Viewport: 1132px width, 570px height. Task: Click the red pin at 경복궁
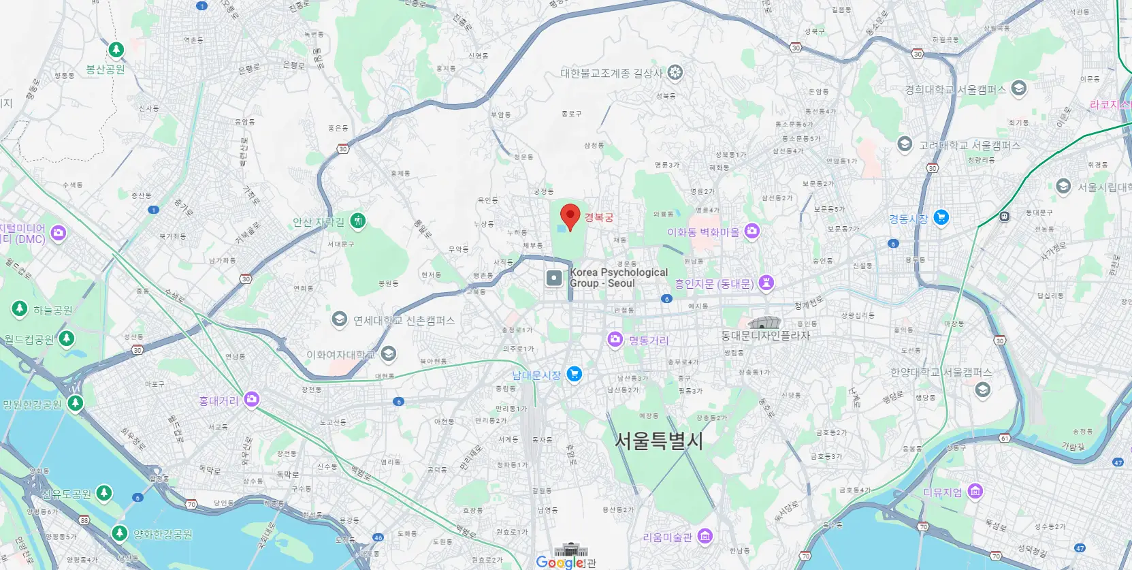pyautogui.click(x=570, y=217)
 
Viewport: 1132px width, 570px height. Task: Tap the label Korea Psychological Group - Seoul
pyautogui.click(x=619, y=278)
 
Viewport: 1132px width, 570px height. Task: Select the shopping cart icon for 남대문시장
pyautogui.click(x=575, y=374)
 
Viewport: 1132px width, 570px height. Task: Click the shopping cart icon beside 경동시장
pyautogui.click(x=941, y=218)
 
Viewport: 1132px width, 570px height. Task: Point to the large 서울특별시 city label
pyautogui.click(x=658, y=441)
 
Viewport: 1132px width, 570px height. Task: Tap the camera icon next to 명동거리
pyautogui.click(x=615, y=339)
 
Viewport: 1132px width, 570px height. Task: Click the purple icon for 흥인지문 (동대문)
pyautogui.click(x=766, y=283)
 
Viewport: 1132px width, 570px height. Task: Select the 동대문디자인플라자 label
pyautogui.click(x=765, y=336)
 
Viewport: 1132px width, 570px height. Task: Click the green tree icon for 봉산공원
pyautogui.click(x=116, y=50)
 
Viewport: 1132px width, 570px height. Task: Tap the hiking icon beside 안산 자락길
pyautogui.click(x=357, y=221)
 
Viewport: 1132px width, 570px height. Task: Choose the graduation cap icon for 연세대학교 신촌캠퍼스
pyautogui.click(x=339, y=319)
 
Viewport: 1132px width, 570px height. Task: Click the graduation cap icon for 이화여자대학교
pyautogui.click(x=388, y=353)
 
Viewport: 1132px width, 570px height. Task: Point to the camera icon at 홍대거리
pyautogui.click(x=252, y=399)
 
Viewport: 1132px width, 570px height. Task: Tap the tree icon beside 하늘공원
pyautogui.click(x=20, y=308)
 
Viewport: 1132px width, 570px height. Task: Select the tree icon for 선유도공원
pyautogui.click(x=104, y=492)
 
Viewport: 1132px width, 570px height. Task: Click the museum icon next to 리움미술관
pyautogui.click(x=705, y=537)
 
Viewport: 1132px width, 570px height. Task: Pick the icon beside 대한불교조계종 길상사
pyautogui.click(x=675, y=72)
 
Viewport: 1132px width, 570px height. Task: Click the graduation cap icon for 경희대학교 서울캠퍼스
pyautogui.click(x=1018, y=89)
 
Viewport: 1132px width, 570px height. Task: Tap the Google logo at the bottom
pyautogui.click(x=560, y=562)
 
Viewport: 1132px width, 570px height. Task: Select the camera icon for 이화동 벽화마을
pyautogui.click(x=752, y=231)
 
